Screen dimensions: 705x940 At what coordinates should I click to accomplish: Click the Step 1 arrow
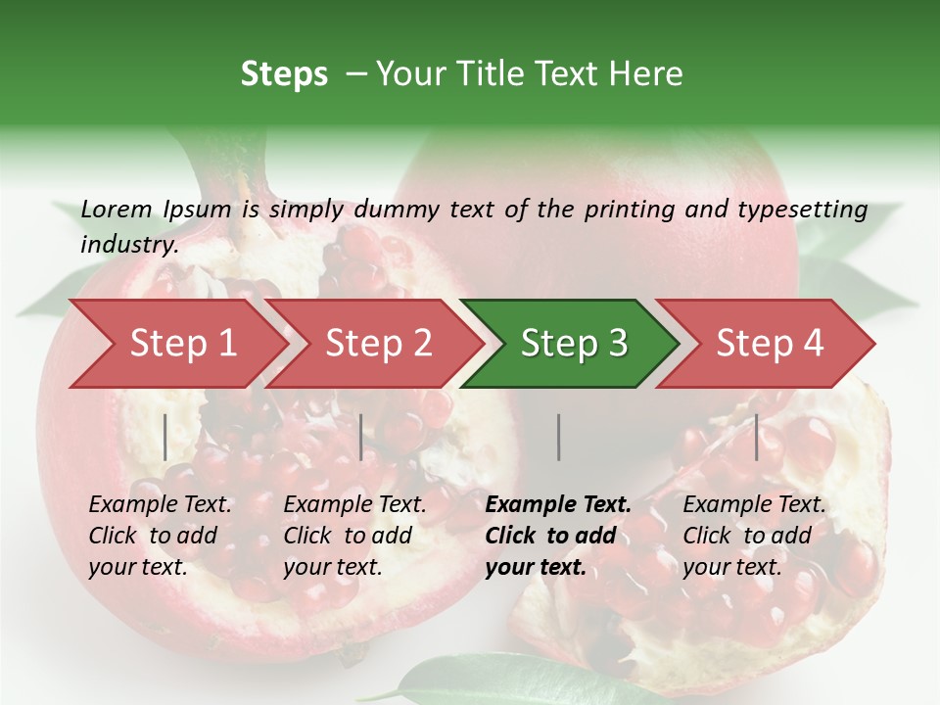click(176, 344)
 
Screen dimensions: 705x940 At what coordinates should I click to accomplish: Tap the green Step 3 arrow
click(571, 344)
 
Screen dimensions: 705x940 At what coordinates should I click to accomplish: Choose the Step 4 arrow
click(767, 344)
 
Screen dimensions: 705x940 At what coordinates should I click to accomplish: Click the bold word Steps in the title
click(284, 73)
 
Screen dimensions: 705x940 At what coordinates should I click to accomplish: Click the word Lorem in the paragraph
click(117, 209)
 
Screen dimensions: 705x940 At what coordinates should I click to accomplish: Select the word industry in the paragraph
click(128, 244)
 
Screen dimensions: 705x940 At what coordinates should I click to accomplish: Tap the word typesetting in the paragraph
click(802, 210)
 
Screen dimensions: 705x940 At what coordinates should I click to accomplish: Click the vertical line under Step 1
click(165, 437)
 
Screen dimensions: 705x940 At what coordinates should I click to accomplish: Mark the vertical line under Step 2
click(361, 437)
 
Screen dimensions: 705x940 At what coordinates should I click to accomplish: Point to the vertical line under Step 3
click(558, 437)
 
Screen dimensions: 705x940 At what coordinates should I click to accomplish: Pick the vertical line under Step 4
click(756, 437)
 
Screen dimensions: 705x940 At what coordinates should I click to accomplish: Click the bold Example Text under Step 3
click(558, 505)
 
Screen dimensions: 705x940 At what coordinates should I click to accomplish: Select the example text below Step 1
click(160, 536)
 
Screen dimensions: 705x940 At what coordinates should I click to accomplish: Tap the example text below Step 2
click(354, 536)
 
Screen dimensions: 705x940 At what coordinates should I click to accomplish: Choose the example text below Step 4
click(754, 536)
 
